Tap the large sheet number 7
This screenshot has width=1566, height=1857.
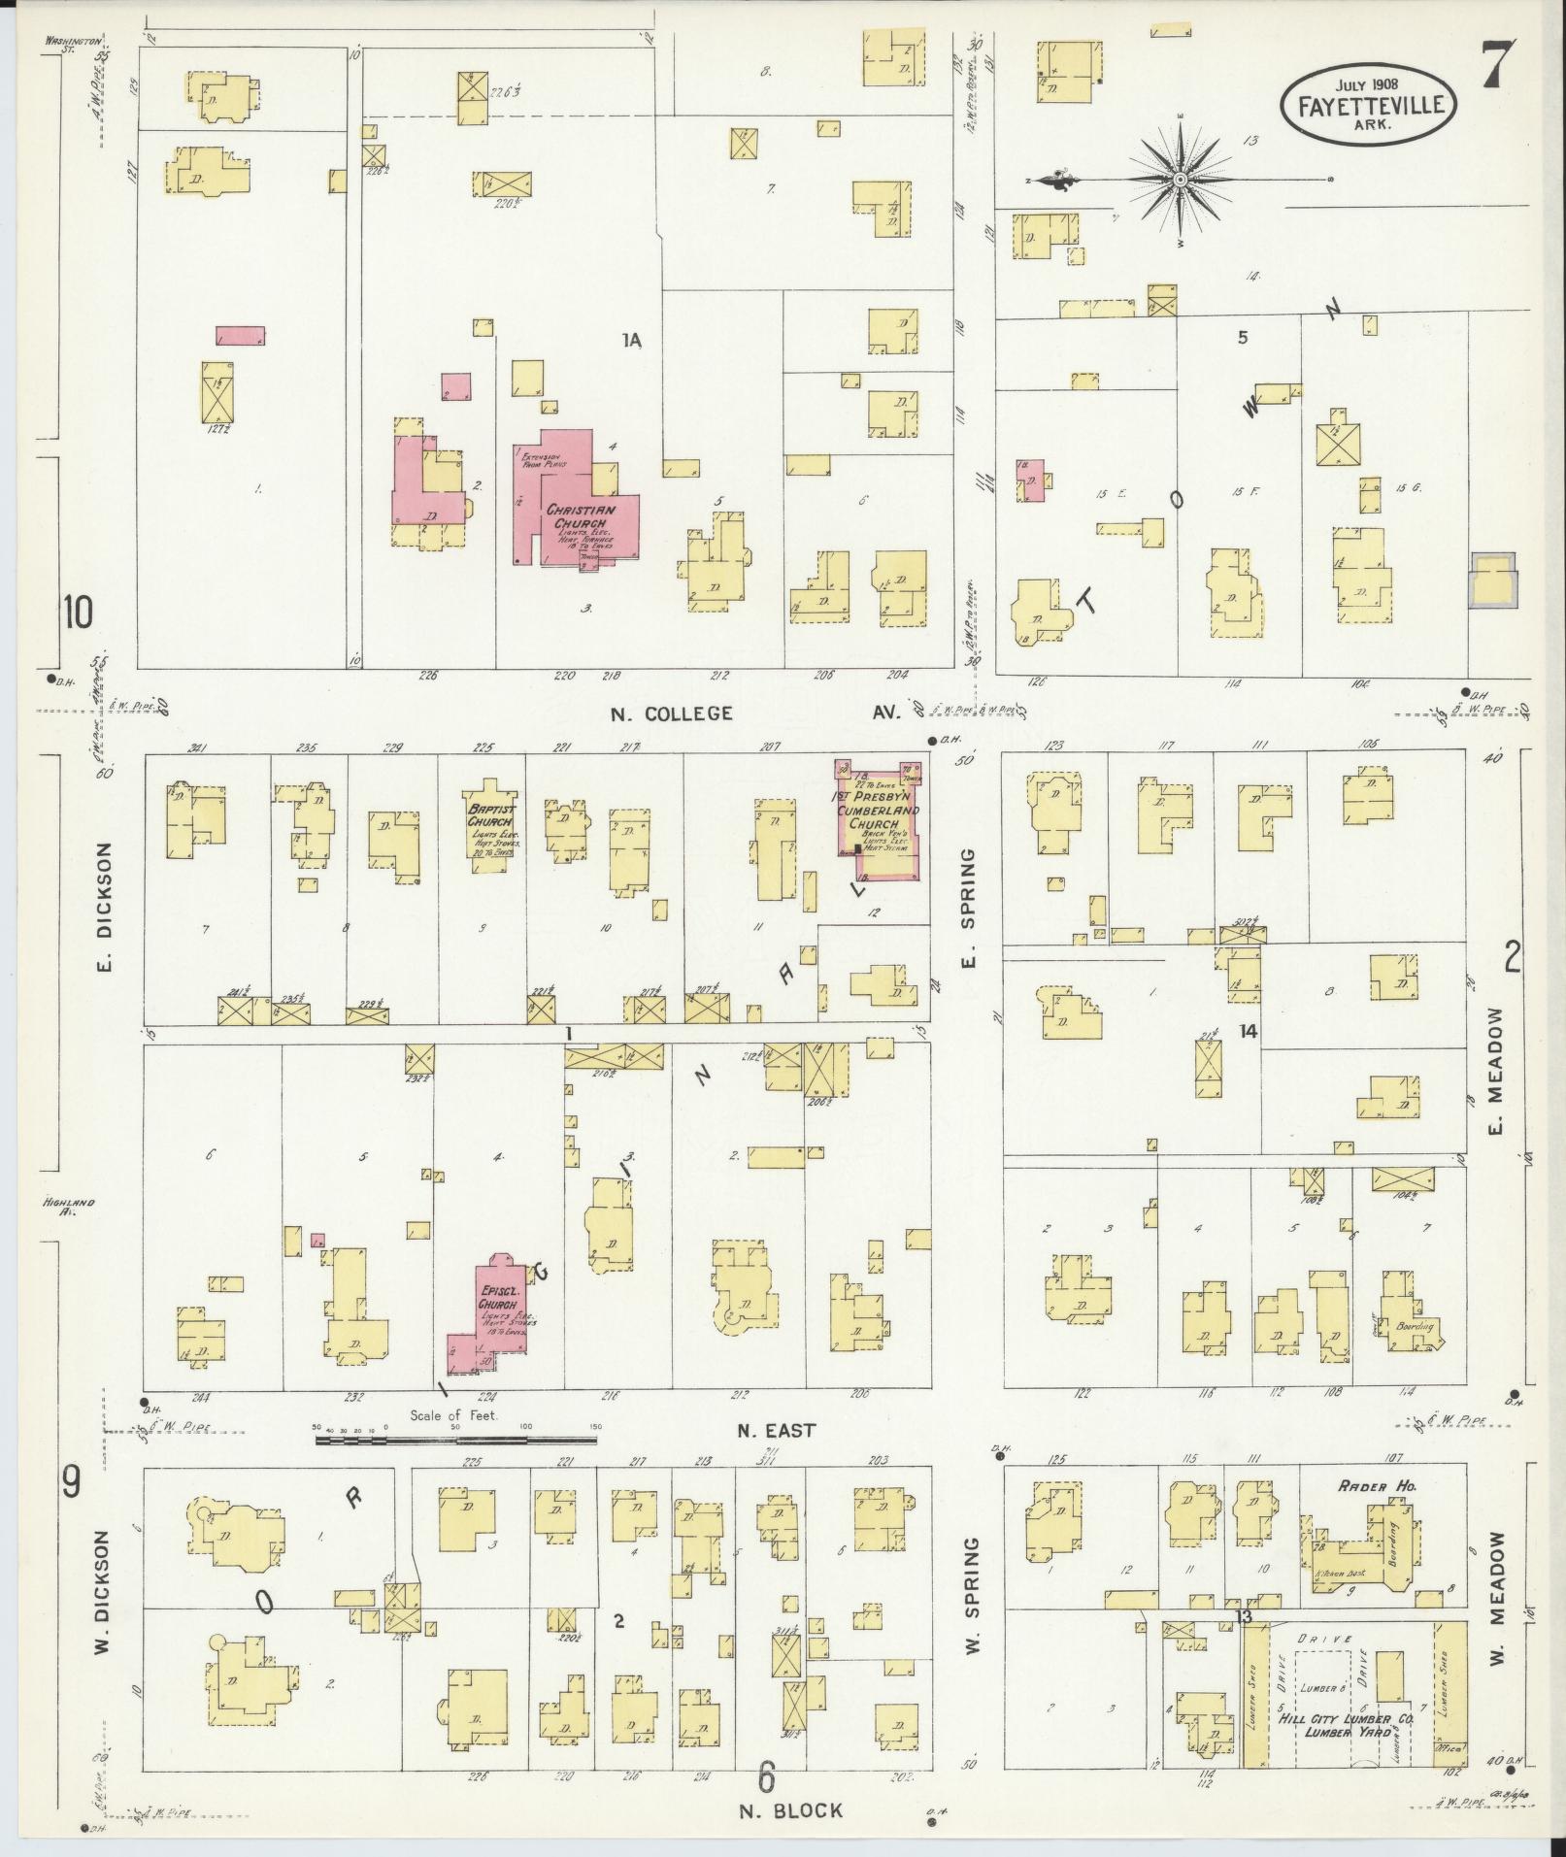click(x=1500, y=67)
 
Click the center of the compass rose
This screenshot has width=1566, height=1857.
click(x=1180, y=180)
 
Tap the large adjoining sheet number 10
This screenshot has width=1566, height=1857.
click(x=78, y=613)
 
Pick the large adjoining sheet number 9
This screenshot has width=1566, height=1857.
click(x=71, y=1509)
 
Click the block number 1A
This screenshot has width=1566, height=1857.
click(x=632, y=340)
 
